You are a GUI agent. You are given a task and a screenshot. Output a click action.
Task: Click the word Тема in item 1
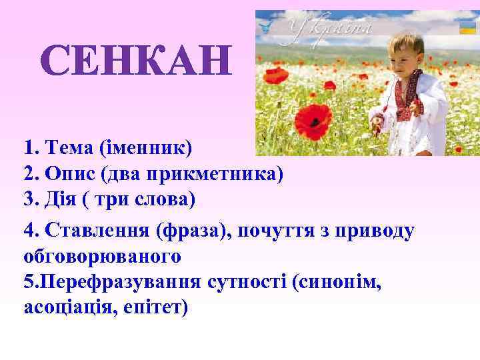coord(67,145)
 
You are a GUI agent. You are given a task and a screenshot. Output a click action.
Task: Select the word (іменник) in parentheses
coord(143,145)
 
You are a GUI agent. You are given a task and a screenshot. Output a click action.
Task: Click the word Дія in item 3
coord(63,200)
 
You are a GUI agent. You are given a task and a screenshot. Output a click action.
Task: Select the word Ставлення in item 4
coord(96,230)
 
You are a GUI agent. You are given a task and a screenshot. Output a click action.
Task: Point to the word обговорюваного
coord(103,255)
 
